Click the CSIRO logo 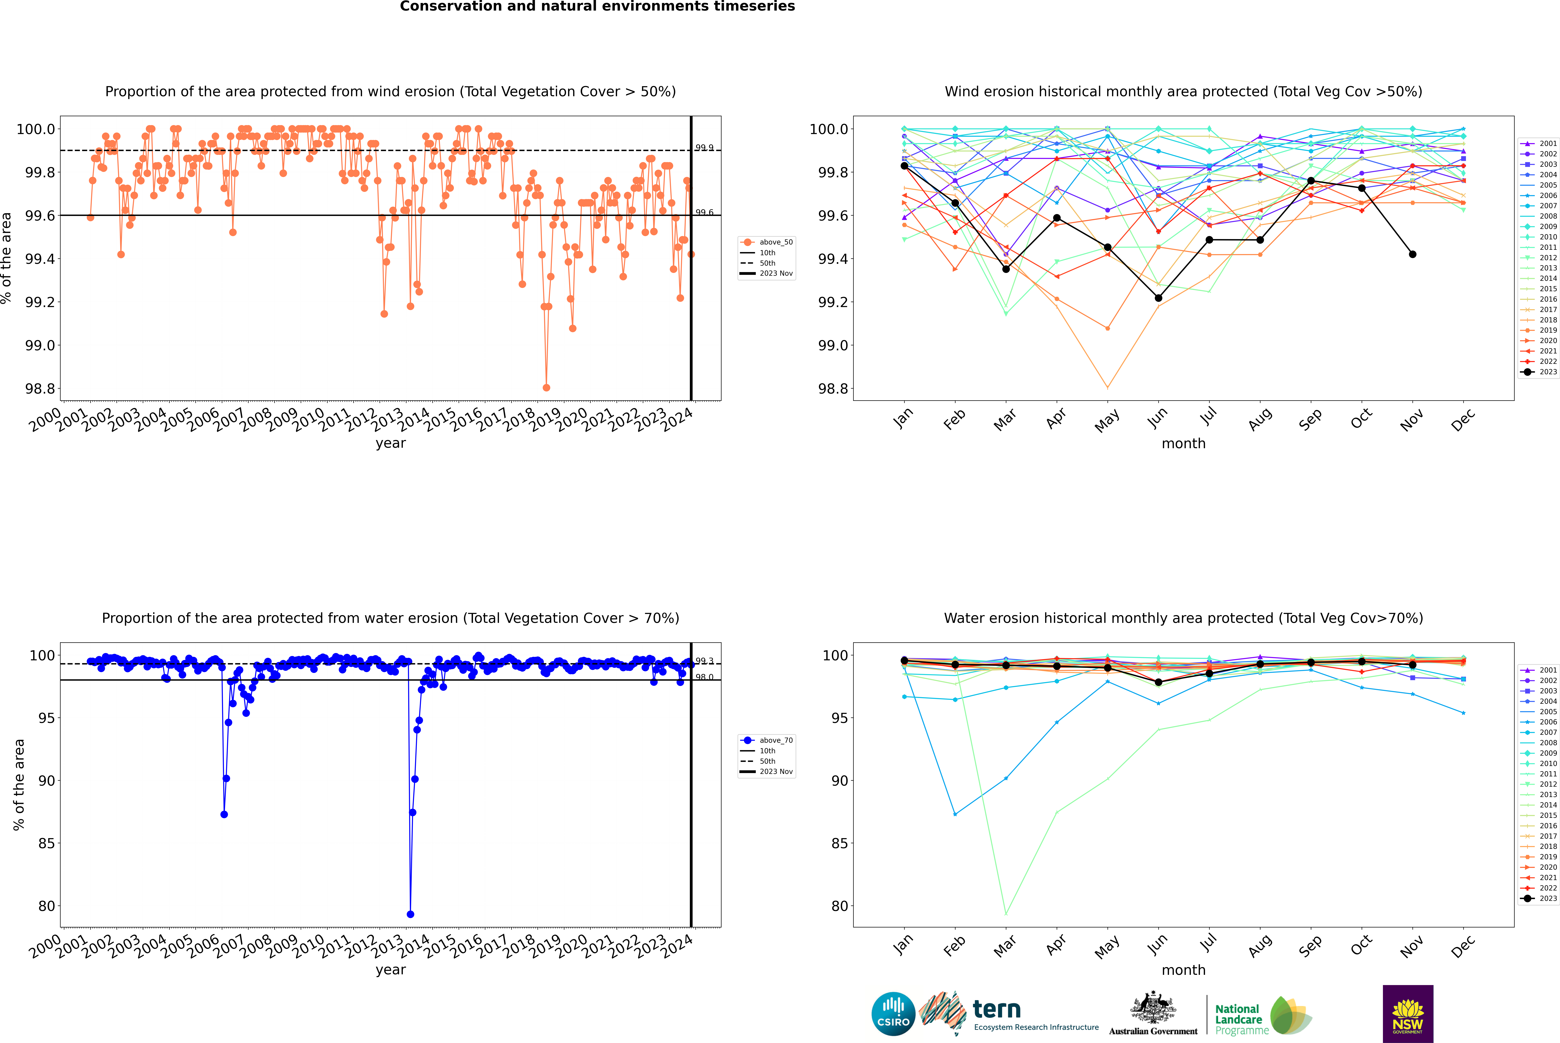[893, 1014]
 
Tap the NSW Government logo [1408, 1014]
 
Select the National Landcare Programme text [1238, 1019]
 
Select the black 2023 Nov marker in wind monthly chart [1412, 254]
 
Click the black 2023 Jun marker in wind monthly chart [1158, 298]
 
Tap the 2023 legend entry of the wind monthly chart [1539, 372]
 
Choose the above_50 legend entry [767, 242]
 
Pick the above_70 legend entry [767, 740]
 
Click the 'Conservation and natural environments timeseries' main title [597, 7]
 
